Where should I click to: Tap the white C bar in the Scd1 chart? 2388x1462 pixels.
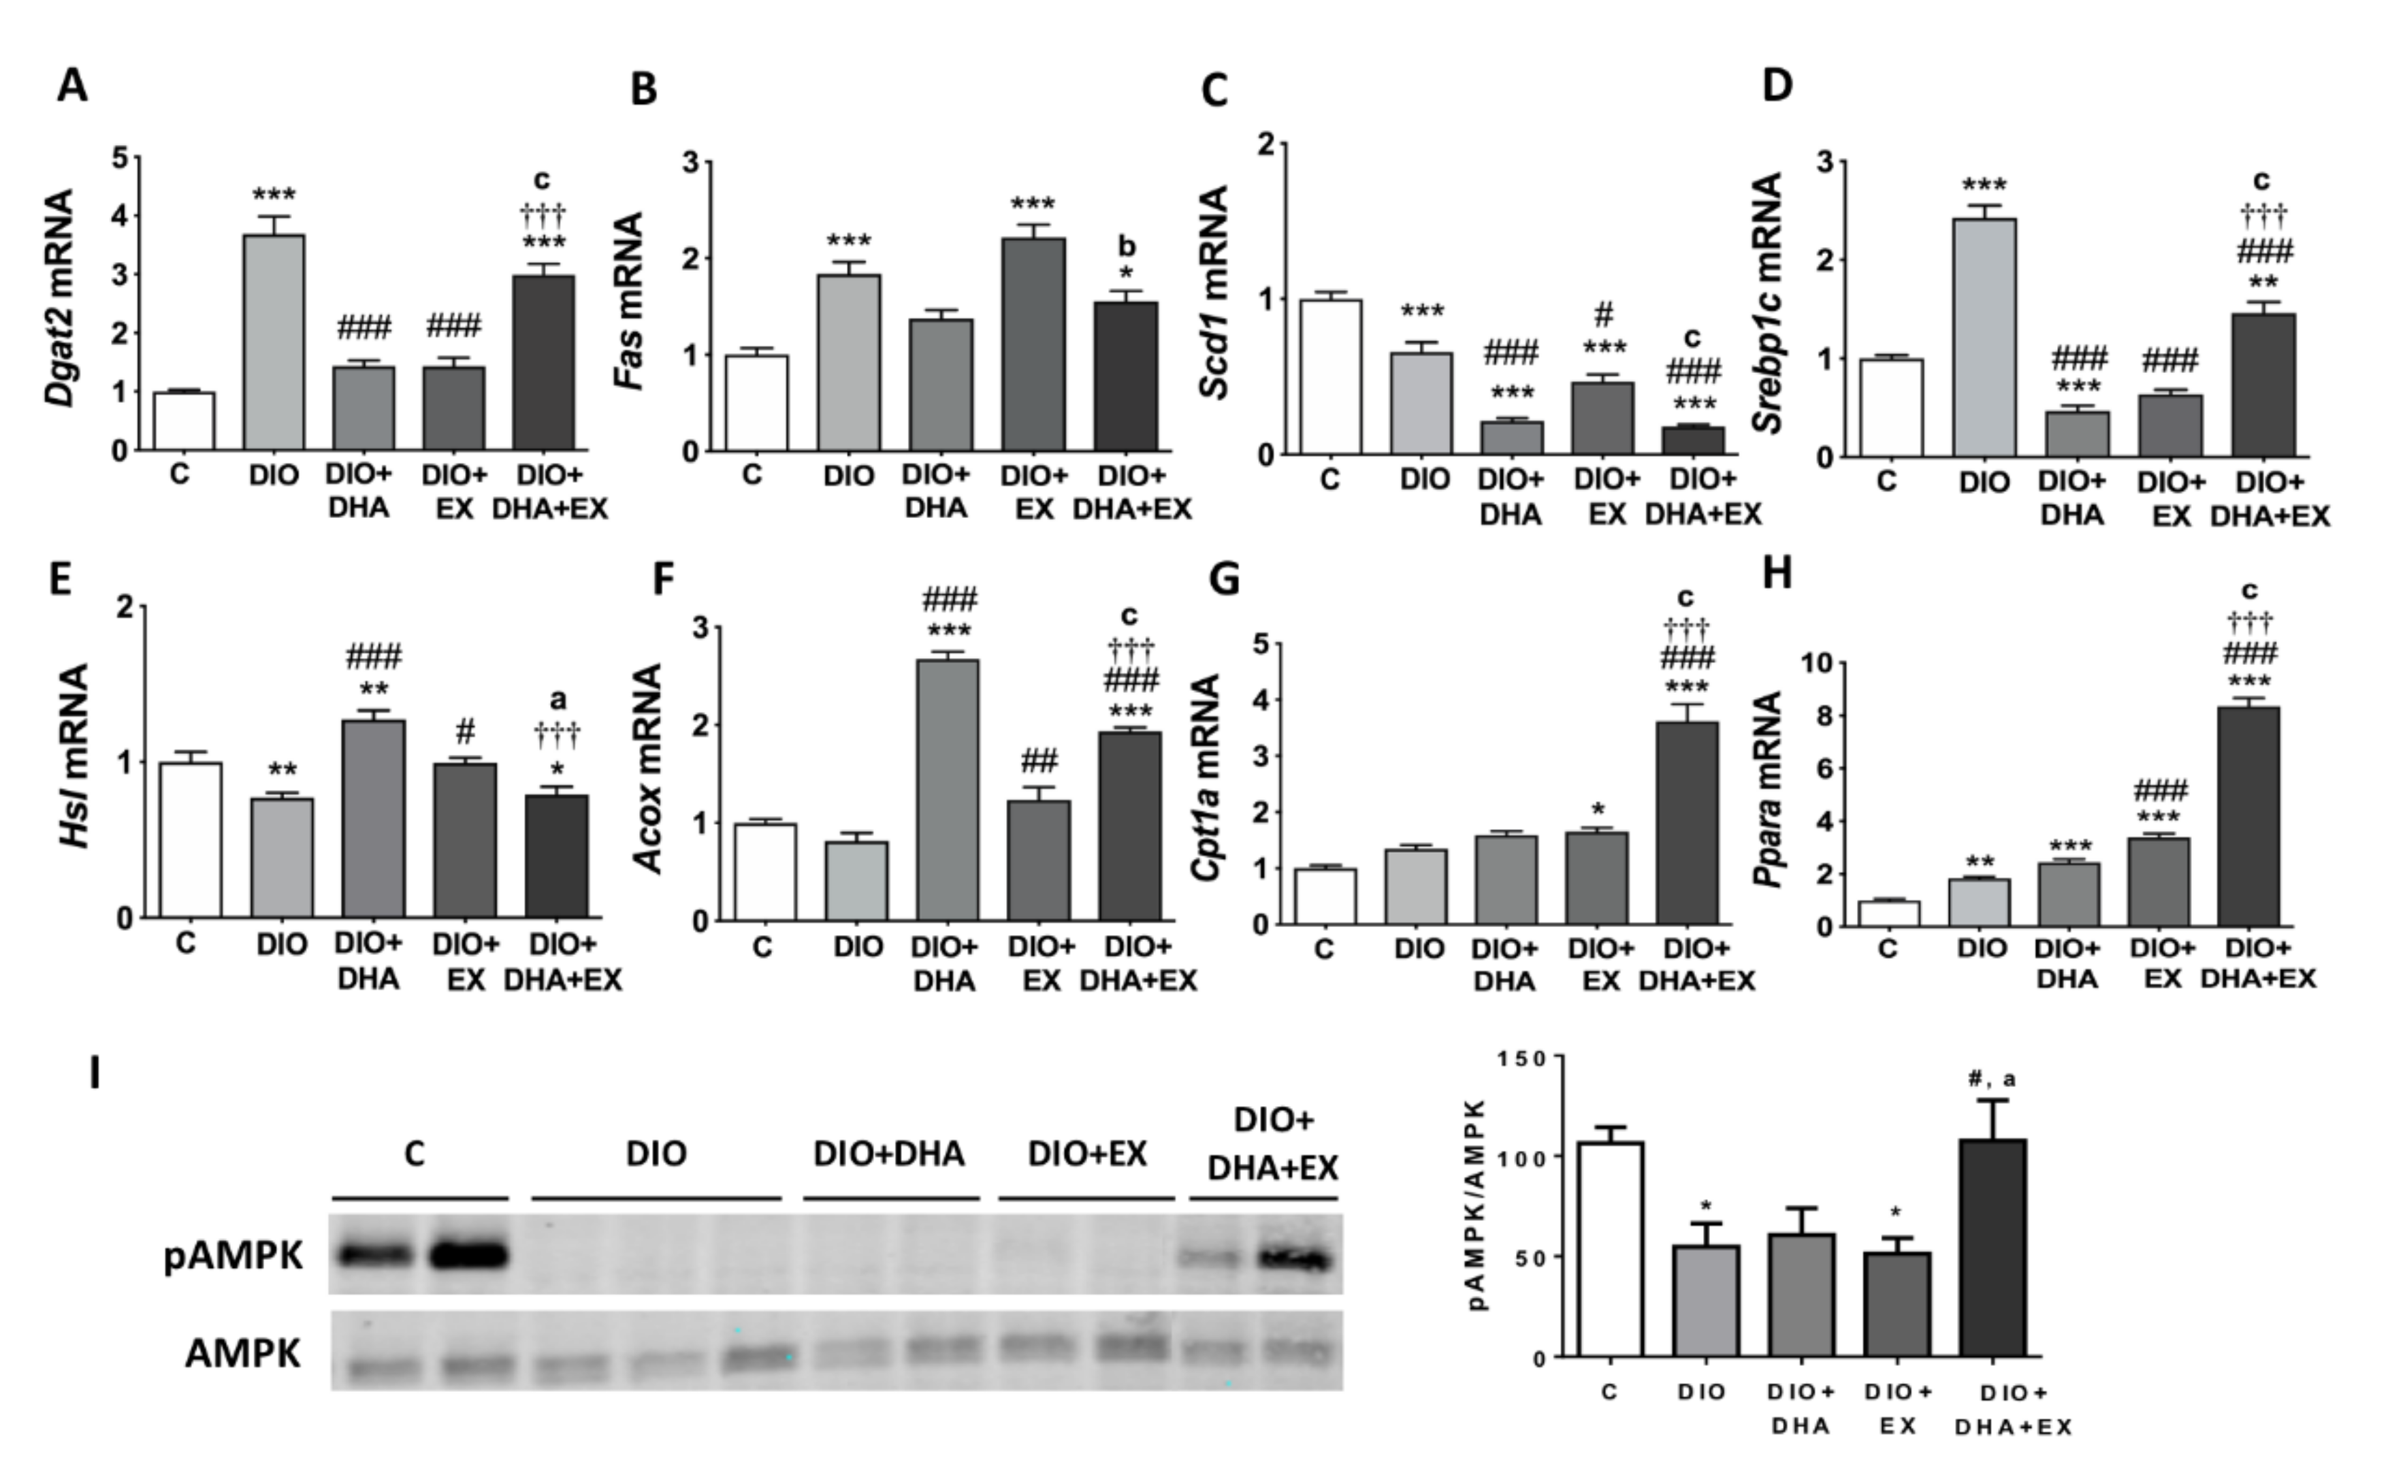point(1331,377)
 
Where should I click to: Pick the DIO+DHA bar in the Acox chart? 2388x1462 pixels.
point(947,790)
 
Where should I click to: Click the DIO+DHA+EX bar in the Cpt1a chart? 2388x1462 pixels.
point(1688,823)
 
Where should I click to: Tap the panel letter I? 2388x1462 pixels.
point(94,1073)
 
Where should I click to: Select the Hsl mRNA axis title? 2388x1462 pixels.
point(75,756)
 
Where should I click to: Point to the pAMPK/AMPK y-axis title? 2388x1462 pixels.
point(1477,1205)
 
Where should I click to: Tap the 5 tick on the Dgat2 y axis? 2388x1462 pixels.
point(120,157)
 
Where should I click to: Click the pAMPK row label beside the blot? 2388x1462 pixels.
point(233,1256)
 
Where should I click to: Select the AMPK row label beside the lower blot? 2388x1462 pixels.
point(242,1352)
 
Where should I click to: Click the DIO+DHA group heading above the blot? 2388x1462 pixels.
point(889,1153)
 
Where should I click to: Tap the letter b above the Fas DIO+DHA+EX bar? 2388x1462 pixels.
point(1126,247)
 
